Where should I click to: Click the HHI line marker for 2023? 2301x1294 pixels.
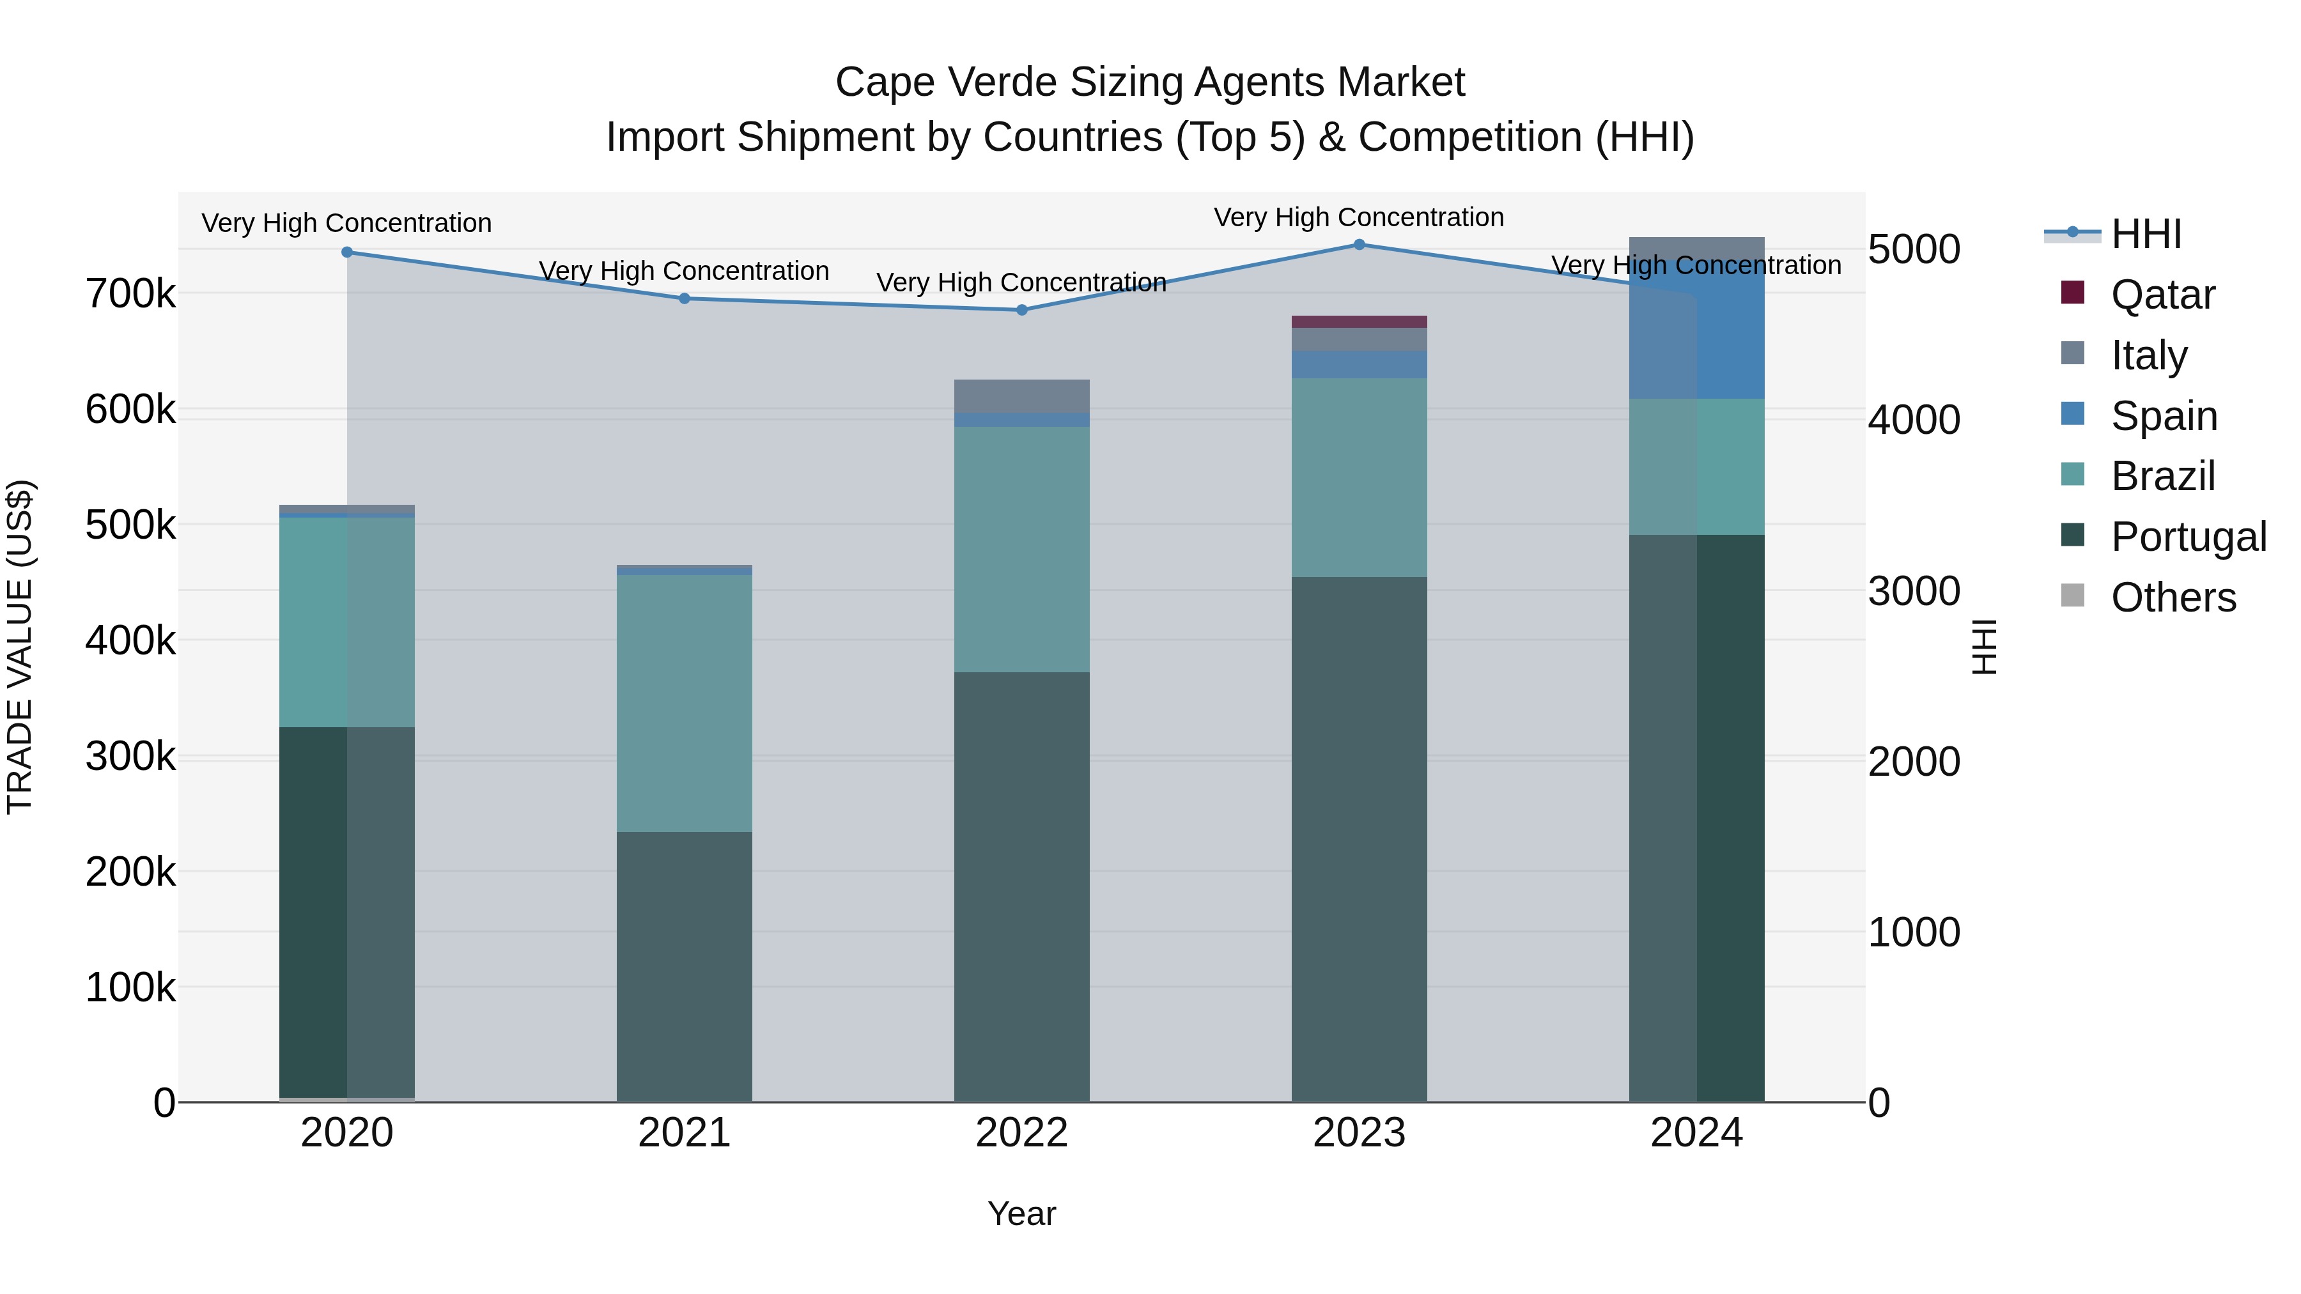(x=1359, y=245)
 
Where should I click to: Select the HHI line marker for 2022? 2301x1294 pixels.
(x=1022, y=310)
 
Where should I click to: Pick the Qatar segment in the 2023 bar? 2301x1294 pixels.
(x=1359, y=321)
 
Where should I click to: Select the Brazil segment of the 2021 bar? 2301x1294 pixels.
(x=684, y=703)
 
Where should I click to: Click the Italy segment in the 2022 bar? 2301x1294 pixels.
(x=1022, y=396)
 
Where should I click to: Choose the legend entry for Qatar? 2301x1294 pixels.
(x=2162, y=295)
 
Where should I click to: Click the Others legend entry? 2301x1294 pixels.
(x=2173, y=597)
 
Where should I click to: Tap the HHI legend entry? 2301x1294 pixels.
(x=2146, y=234)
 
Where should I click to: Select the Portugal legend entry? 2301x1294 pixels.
(x=2188, y=537)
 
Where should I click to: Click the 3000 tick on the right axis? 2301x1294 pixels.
(x=1913, y=591)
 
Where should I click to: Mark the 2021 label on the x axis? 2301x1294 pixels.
(x=684, y=1133)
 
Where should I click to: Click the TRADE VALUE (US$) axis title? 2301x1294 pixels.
(x=20, y=647)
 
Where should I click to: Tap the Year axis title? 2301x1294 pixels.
(x=1022, y=1213)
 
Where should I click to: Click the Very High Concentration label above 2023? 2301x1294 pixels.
(x=1359, y=217)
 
